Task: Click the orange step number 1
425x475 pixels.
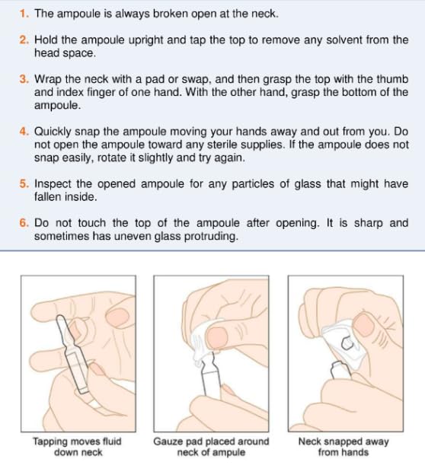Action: pos(24,14)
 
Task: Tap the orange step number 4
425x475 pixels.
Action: pos(24,132)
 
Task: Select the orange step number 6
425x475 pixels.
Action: pos(24,223)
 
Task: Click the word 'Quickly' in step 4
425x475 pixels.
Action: pos(53,132)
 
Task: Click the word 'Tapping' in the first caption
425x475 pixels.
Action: pos(50,442)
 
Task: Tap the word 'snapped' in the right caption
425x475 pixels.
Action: pos(341,442)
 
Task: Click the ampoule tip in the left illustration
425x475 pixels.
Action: pos(59,318)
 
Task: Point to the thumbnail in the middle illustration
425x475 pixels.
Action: pos(217,338)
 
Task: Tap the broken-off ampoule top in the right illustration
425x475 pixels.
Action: pos(347,343)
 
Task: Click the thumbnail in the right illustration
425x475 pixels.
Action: pos(364,325)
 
